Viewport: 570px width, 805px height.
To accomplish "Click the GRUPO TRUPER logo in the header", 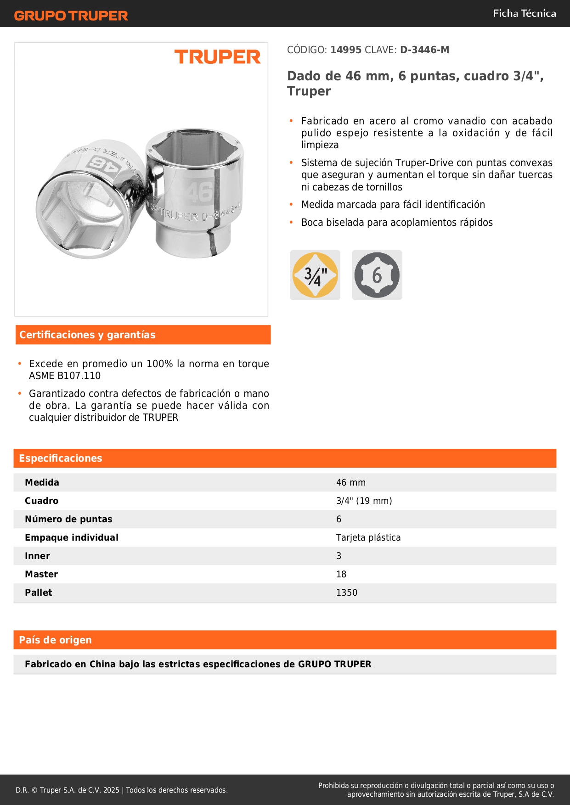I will click(x=71, y=16).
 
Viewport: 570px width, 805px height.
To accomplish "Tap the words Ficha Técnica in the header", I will click(x=524, y=13).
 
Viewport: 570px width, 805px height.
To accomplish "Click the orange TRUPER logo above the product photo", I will click(x=217, y=57).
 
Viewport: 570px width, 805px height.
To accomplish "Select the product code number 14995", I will click(x=346, y=50).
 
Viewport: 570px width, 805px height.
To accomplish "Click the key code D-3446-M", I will click(x=424, y=50).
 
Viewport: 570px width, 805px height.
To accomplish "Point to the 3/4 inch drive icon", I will click(x=315, y=275).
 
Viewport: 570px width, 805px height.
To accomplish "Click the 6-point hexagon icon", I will click(x=377, y=275).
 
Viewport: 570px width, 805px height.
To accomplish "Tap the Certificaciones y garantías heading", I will click(x=87, y=335).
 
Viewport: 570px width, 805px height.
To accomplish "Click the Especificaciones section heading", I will click(x=61, y=458).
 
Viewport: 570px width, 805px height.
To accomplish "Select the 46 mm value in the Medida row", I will click(x=351, y=483).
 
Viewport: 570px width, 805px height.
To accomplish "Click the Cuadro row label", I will click(x=42, y=501).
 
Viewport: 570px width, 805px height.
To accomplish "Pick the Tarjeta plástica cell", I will click(x=368, y=538).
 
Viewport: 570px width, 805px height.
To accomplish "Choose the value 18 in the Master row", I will click(x=341, y=575).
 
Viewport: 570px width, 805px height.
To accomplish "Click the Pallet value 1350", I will click(x=347, y=593).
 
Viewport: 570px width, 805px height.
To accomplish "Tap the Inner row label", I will click(x=38, y=556).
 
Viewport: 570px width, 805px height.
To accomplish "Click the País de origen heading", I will click(x=55, y=640).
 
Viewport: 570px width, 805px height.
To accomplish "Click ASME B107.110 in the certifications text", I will click(x=65, y=376).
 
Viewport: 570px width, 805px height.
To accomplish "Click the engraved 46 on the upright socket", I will click(x=200, y=192).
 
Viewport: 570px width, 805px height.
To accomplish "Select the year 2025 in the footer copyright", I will click(x=111, y=790).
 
